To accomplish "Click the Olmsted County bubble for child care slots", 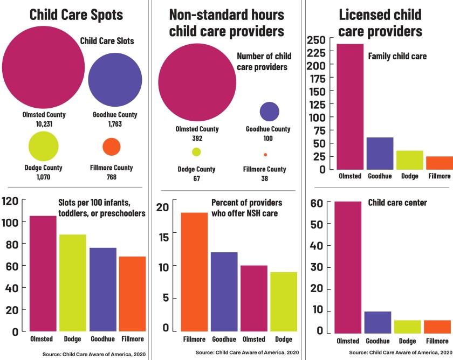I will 44,67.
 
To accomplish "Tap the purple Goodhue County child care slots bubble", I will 115,80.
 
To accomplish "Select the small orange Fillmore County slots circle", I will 111,147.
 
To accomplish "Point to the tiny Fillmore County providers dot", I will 265,155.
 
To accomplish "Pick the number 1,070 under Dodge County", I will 44,177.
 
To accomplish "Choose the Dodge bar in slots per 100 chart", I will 73,282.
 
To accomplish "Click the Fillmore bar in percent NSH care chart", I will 194,272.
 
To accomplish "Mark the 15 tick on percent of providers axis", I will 163,237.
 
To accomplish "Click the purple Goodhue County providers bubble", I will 269,111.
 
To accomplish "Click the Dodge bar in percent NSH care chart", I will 284,301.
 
